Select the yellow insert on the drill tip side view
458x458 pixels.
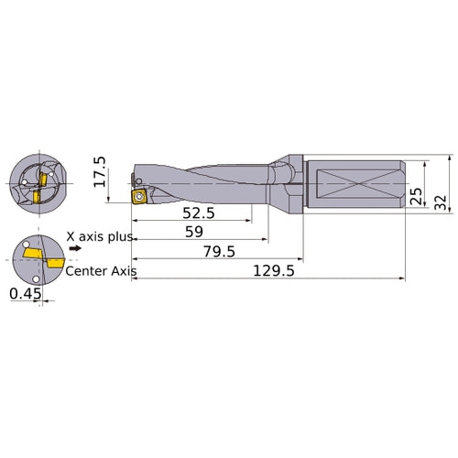139,195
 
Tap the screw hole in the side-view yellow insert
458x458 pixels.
139,195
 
